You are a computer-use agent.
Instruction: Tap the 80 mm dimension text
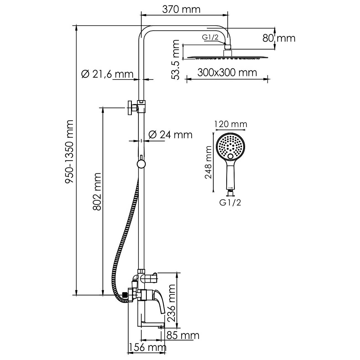pyautogui.click(x=279, y=38)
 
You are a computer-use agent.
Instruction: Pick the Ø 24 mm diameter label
pyautogui.click(x=170, y=135)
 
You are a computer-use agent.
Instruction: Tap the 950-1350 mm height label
pyautogui.click(x=69, y=151)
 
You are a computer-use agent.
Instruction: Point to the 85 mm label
pyautogui.click(x=183, y=335)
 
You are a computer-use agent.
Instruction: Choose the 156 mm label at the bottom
pyautogui.click(x=147, y=348)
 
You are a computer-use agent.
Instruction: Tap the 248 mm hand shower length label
pyautogui.click(x=208, y=163)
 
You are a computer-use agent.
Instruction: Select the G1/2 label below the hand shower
pyautogui.click(x=230, y=203)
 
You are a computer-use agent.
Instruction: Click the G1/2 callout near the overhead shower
pyautogui.click(x=210, y=37)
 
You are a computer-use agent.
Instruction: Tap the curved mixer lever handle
pyautogui.click(x=160, y=302)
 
